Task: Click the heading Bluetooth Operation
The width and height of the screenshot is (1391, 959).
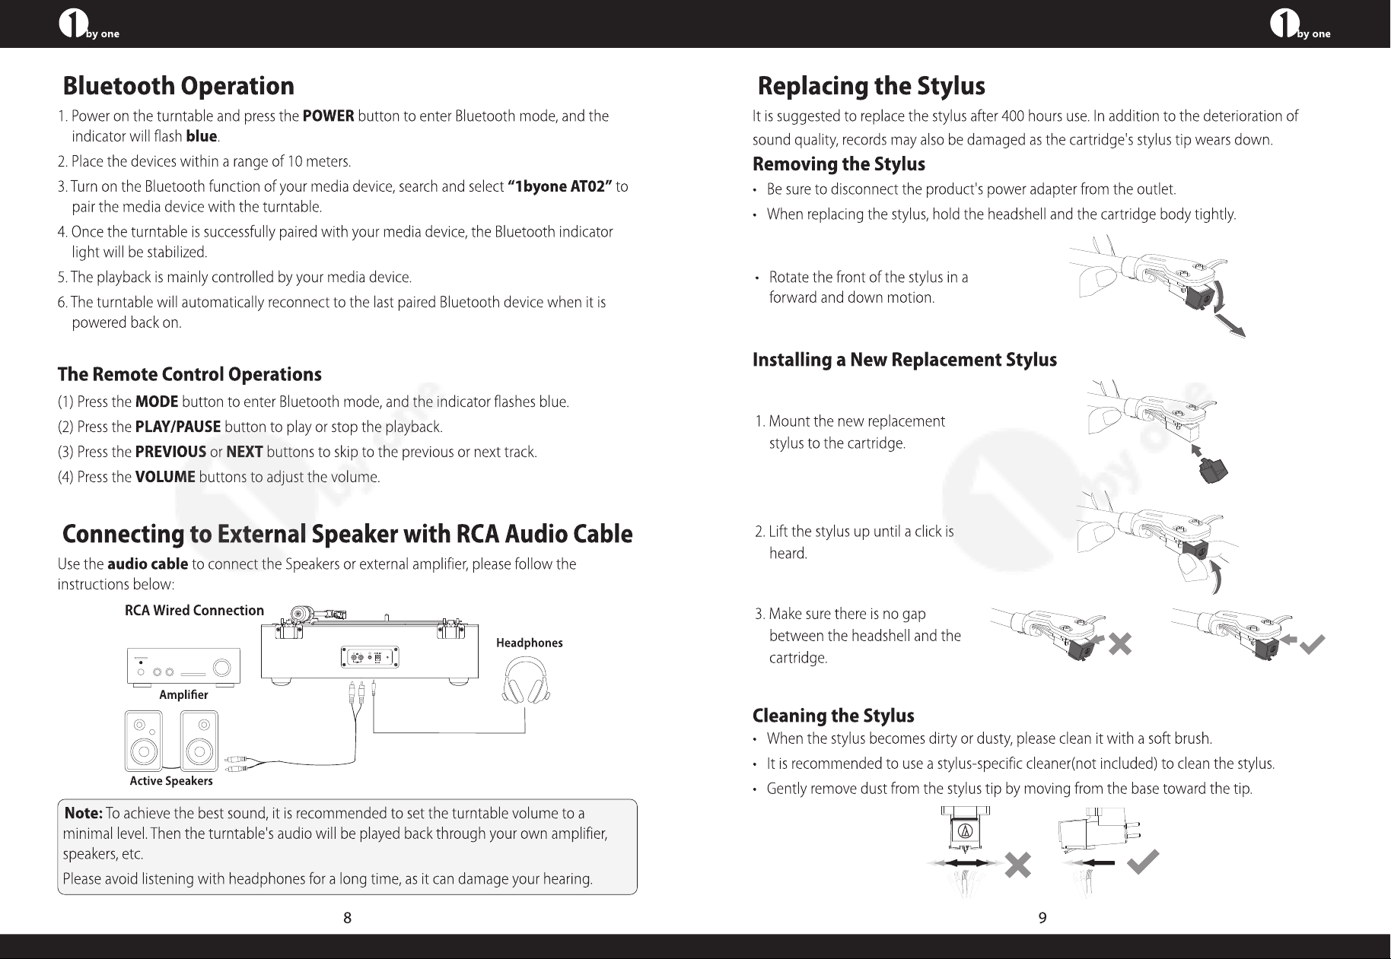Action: pos(178,87)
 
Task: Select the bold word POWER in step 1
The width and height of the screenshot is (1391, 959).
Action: pos(328,116)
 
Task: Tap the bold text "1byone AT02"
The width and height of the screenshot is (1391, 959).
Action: pos(560,187)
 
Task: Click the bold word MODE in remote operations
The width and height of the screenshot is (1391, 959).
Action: pos(157,402)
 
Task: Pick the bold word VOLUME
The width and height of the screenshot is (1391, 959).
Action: pos(165,478)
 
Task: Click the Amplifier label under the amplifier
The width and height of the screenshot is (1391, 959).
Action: pos(183,694)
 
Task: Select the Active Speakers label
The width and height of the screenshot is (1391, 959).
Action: pos(171,781)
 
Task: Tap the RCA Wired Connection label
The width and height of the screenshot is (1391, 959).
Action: pos(194,611)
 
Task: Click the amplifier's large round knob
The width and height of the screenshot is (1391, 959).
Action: pos(223,668)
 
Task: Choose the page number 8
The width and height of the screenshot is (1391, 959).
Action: pos(347,918)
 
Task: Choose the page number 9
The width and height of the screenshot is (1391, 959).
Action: pos(1042,918)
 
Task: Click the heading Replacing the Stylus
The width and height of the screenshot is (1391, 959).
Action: pos(871,87)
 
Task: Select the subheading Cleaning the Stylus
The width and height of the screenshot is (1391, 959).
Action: pos(833,716)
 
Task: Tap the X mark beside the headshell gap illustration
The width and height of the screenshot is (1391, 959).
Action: pos(1120,645)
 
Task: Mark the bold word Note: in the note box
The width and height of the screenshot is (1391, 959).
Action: pos(84,814)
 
